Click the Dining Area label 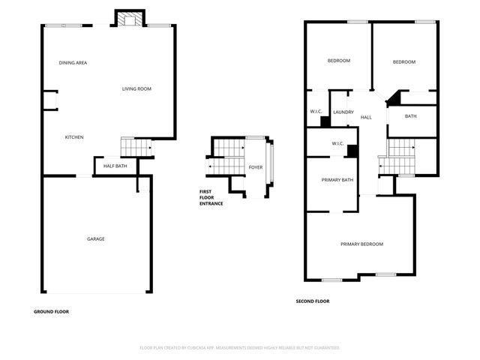pyautogui.click(x=73, y=63)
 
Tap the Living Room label pyautogui.click(x=137, y=89)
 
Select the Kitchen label pyautogui.click(x=73, y=137)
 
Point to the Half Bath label pyautogui.click(x=115, y=166)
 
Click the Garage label pyautogui.click(x=95, y=239)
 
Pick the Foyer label pyautogui.click(x=256, y=167)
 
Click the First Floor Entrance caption pyautogui.click(x=211, y=197)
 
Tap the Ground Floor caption pyautogui.click(x=52, y=311)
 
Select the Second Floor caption pyautogui.click(x=312, y=301)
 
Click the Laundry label pyautogui.click(x=343, y=112)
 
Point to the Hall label pyautogui.click(x=366, y=118)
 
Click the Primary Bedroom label pyautogui.click(x=361, y=244)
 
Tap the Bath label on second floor pyautogui.click(x=410, y=116)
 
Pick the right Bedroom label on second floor pyautogui.click(x=403, y=62)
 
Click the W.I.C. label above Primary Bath pyautogui.click(x=337, y=144)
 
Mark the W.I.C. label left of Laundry pyautogui.click(x=316, y=112)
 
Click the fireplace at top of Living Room pyautogui.click(x=127, y=18)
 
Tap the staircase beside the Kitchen pyautogui.click(x=136, y=148)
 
